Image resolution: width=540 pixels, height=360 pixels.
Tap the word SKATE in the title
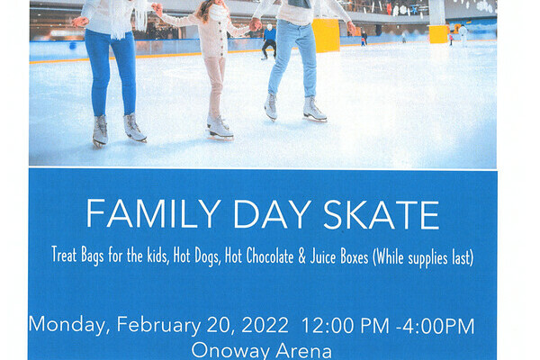coord(382,215)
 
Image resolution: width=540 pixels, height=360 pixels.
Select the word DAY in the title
coord(272,214)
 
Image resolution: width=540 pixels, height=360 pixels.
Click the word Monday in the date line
coord(69,325)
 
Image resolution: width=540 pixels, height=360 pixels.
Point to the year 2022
coord(265,325)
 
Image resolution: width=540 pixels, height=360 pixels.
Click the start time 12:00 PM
coord(346,326)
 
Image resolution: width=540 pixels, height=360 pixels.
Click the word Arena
coord(303,351)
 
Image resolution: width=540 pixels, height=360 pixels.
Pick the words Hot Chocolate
coord(259,256)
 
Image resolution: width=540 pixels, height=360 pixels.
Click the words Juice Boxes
coord(339,256)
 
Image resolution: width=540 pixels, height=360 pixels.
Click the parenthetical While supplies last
coord(423,257)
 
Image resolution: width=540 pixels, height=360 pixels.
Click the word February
coord(158,325)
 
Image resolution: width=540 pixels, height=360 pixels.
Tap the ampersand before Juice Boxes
coord(301,257)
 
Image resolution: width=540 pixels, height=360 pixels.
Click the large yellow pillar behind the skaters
coord(326,35)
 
